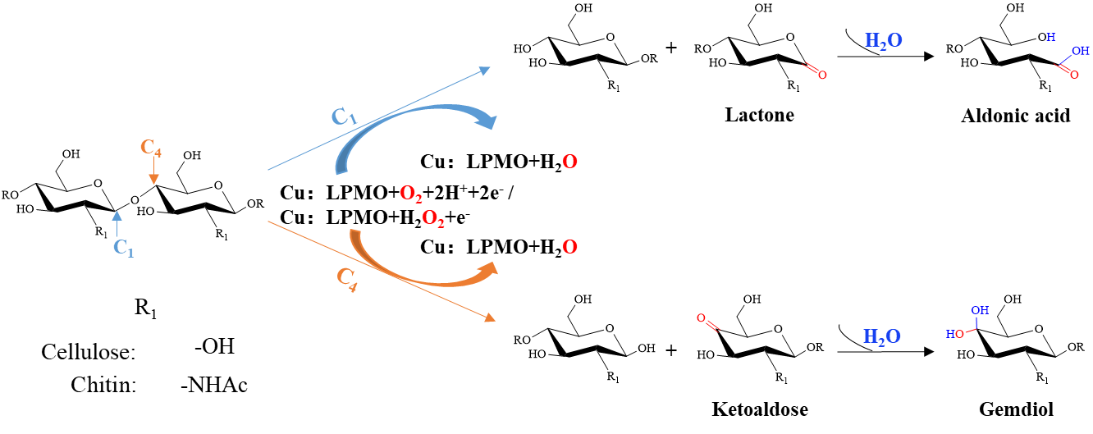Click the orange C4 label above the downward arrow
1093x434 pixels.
[x=151, y=148]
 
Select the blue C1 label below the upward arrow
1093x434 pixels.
[x=123, y=248]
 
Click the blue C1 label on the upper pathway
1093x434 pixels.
[x=344, y=117]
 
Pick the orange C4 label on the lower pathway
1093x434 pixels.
[x=347, y=279]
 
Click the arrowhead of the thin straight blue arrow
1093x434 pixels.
[x=485, y=71]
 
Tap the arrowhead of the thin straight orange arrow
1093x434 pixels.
[x=490, y=318]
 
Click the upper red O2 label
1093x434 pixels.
[x=410, y=194]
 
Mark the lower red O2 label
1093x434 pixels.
[x=432, y=219]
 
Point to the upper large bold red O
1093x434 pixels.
[x=569, y=162]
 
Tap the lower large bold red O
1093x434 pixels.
[x=569, y=248]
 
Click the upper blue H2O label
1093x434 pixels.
[x=883, y=41]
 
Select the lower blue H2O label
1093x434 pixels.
[x=881, y=337]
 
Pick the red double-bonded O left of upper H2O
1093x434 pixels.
[x=821, y=75]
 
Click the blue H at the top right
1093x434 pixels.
[x=1050, y=38]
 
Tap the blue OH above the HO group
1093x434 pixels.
[x=980, y=311]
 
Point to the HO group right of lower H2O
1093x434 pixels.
[x=955, y=335]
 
